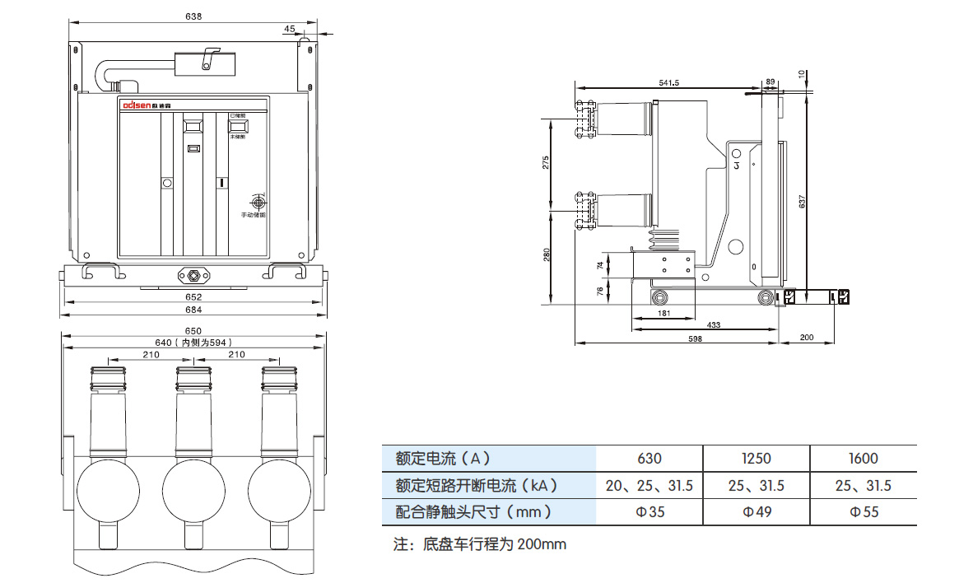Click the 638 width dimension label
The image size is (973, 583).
(193, 16)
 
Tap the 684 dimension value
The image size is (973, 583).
(193, 310)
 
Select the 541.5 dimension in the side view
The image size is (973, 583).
(668, 82)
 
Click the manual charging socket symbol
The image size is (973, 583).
(258, 202)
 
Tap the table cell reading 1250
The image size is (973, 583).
(756, 459)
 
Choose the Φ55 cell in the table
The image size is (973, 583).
(863, 512)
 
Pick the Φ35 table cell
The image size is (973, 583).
(649, 512)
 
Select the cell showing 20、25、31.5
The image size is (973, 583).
(649, 486)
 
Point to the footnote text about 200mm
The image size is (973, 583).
(480, 544)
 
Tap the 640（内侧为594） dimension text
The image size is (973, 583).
(194, 342)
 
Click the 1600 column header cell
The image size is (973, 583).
(863, 459)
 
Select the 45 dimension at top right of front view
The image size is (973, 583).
(289, 28)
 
